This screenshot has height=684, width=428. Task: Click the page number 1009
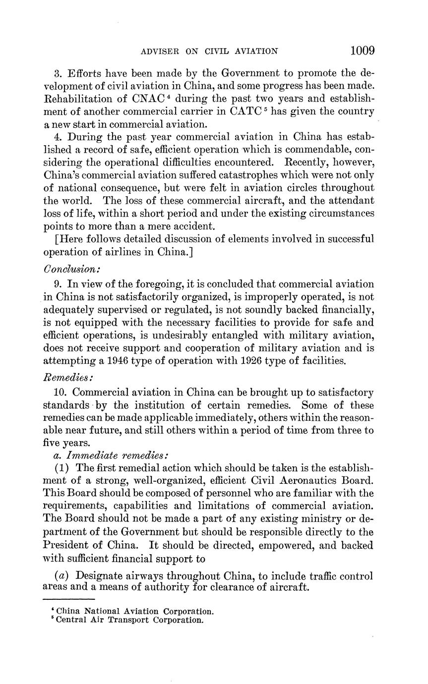click(x=362, y=51)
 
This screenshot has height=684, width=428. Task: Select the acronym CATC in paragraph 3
click(x=247, y=111)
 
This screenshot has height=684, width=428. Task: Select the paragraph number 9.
click(x=58, y=284)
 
